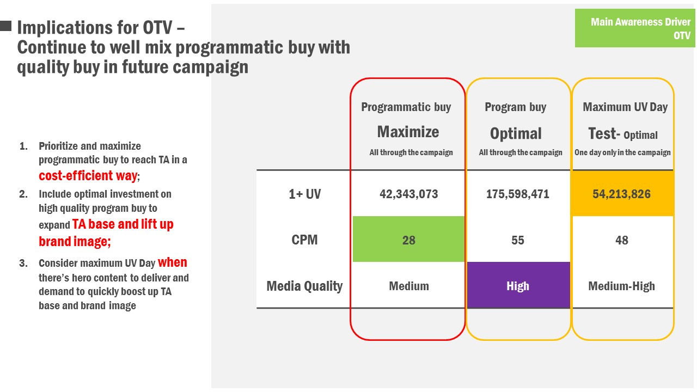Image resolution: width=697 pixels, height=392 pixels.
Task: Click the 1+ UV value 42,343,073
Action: [x=408, y=194]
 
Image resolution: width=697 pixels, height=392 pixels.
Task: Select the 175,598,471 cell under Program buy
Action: [x=518, y=194]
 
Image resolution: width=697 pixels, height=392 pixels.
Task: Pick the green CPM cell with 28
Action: [x=408, y=239]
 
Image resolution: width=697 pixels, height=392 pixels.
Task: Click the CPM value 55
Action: [x=518, y=240]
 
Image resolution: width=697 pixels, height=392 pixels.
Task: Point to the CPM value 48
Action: [x=622, y=240]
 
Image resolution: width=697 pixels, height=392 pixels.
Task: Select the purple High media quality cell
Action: [x=518, y=285]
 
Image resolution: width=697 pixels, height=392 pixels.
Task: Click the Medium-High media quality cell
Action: [x=621, y=286]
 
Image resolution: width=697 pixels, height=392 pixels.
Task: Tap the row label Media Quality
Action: [x=304, y=286]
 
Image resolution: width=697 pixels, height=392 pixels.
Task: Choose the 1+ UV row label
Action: [x=304, y=194]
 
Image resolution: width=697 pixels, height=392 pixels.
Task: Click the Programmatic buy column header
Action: [x=406, y=107]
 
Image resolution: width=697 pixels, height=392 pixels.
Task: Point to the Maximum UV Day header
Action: [x=625, y=107]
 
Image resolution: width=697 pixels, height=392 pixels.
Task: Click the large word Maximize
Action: [x=408, y=132]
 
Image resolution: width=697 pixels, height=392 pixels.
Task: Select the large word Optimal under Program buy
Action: [x=516, y=134]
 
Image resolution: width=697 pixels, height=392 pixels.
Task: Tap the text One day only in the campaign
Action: [x=622, y=152]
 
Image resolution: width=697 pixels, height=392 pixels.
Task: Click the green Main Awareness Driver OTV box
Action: [x=635, y=28]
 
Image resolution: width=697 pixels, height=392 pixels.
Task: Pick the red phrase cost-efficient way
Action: [x=88, y=176]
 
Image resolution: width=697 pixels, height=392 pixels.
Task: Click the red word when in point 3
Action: [x=173, y=262]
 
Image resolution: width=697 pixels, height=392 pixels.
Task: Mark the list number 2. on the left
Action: [x=23, y=194]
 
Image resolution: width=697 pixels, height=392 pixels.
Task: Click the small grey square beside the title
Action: [x=5, y=26]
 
